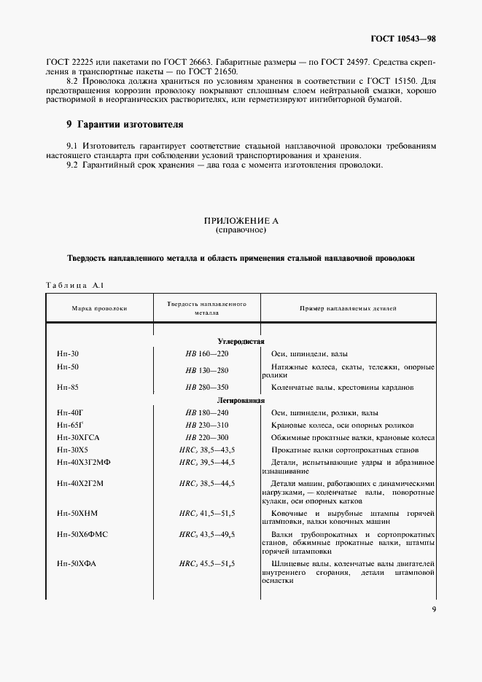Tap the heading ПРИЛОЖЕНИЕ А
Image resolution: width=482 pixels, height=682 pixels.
241,221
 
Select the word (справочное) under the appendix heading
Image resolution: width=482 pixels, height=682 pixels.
241,230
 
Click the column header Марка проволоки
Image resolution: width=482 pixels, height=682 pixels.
99,309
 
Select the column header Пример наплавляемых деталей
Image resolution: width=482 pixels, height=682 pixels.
349,309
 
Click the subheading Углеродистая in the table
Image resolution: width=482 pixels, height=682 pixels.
241,341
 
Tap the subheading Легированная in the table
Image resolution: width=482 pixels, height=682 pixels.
241,401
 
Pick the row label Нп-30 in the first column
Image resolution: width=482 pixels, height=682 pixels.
67,353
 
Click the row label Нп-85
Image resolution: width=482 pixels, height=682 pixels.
67,388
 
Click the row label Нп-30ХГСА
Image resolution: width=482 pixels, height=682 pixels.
77,437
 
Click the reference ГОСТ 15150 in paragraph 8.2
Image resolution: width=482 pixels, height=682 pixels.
397,82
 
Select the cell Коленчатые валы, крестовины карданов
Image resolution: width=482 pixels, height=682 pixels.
342,388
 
